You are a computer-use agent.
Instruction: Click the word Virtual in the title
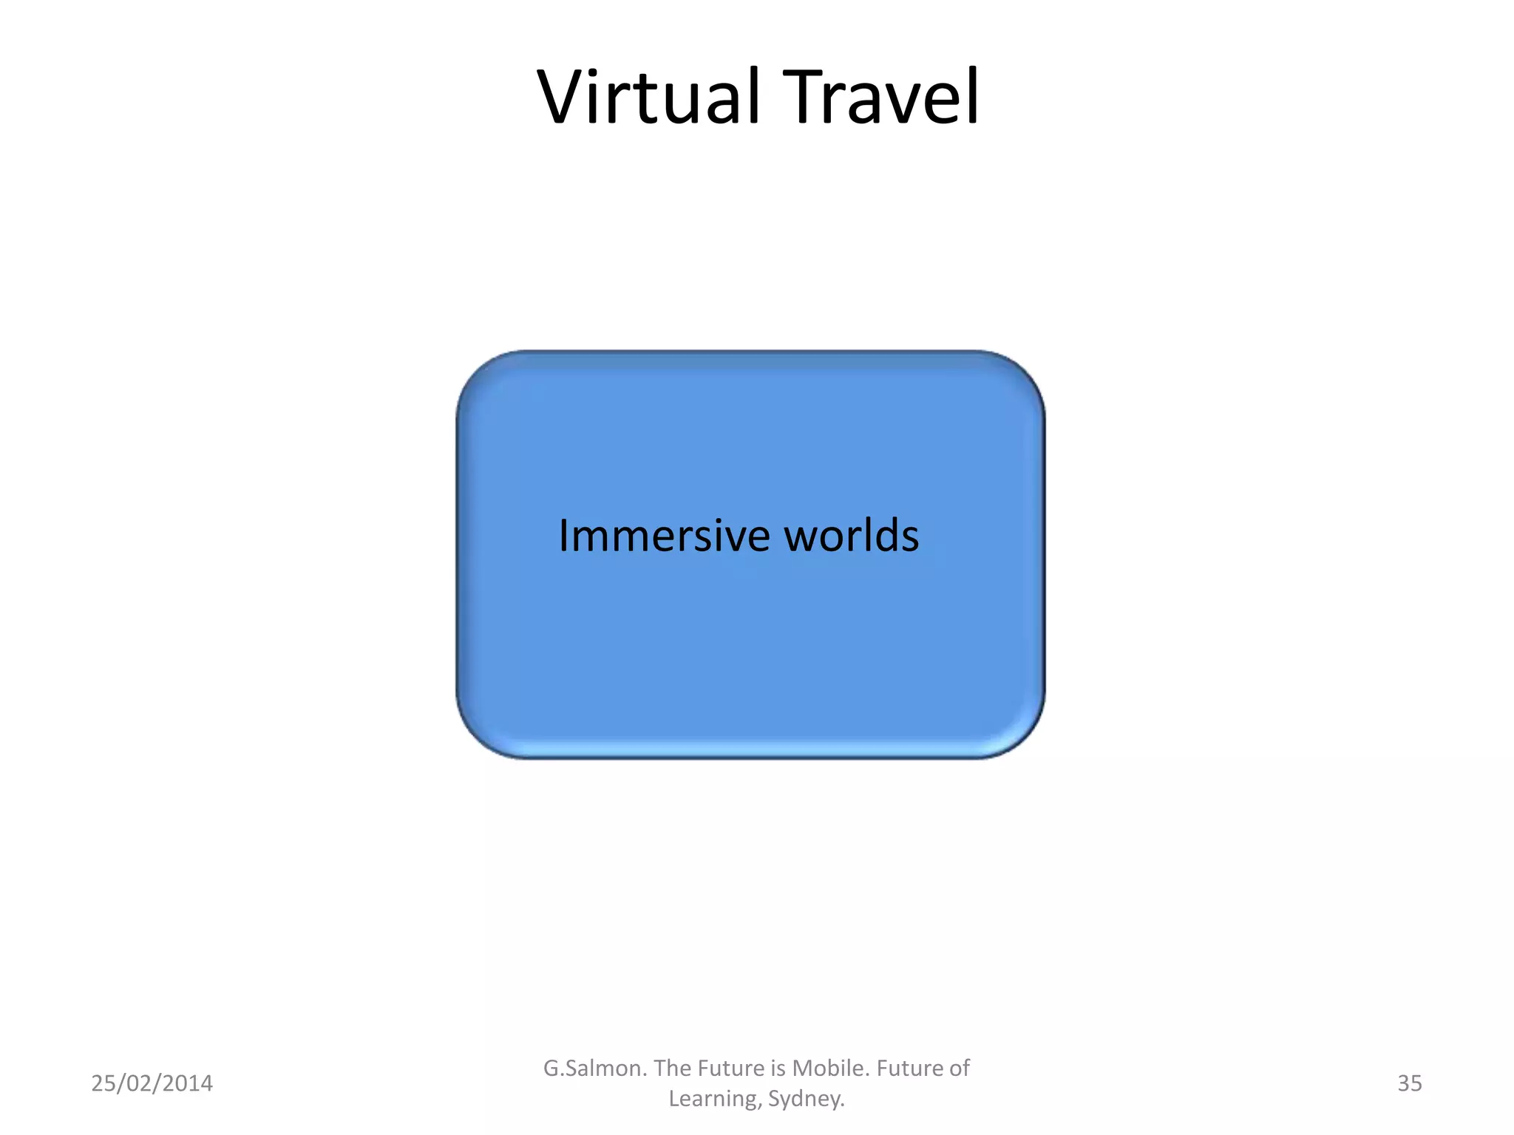(x=649, y=97)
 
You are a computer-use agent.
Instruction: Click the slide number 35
(x=1409, y=1083)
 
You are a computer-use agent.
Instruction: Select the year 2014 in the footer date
(x=187, y=1083)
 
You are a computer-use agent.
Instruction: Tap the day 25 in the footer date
(x=103, y=1083)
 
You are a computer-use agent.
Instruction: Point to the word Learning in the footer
(x=714, y=1099)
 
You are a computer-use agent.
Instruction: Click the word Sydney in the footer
(x=806, y=1099)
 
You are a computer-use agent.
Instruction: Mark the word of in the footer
(x=960, y=1068)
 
